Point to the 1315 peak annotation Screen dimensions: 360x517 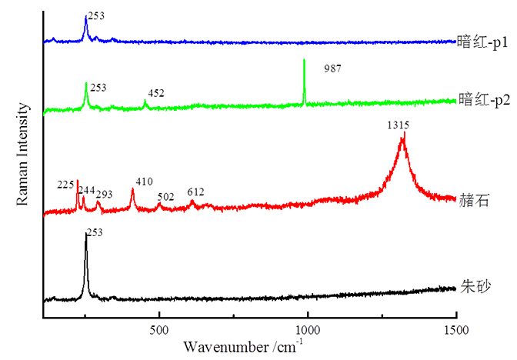tap(398, 125)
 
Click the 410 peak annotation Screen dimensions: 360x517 tap(144, 182)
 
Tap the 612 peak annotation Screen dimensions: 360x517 tap(195, 192)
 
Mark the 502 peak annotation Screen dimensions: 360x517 tap(165, 197)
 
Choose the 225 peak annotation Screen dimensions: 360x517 tap(65, 185)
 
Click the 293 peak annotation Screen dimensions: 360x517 tap(104, 194)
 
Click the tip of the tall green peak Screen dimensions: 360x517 tap(305, 59)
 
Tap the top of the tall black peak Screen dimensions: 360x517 tap(85, 234)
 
